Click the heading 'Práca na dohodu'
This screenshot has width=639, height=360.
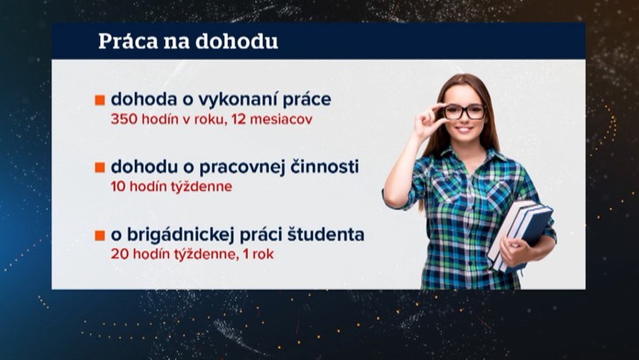click(188, 42)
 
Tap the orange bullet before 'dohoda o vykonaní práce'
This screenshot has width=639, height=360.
click(100, 100)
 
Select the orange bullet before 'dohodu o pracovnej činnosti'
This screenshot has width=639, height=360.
click(100, 168)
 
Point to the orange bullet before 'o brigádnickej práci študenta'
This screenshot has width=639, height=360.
click(100, 235)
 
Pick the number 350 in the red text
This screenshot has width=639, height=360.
click(124, 119)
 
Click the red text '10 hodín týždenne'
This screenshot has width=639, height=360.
click(171, 186)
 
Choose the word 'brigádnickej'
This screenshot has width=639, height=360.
click(189, 234)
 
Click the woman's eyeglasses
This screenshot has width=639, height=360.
click(463, 111)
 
